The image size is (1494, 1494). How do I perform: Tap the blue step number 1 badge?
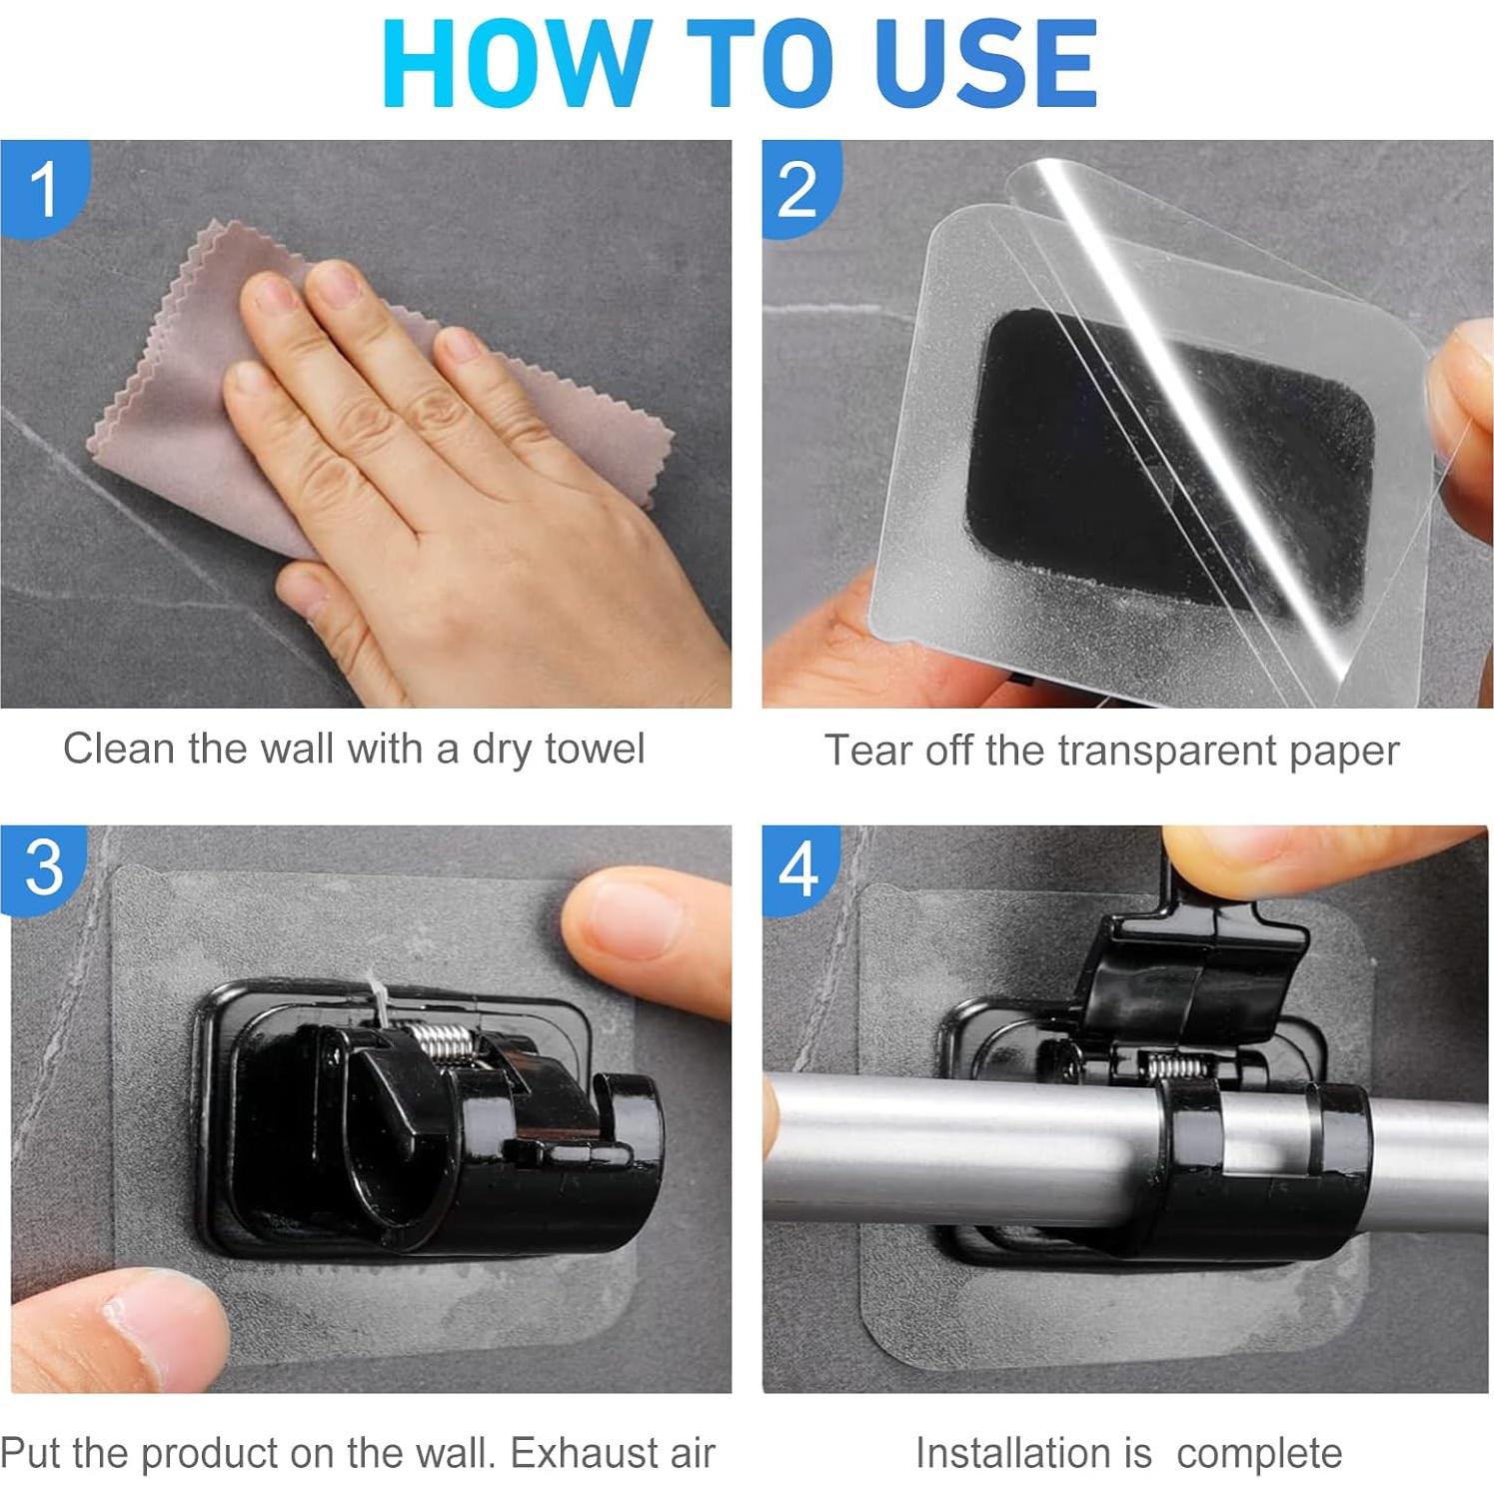point(45,187)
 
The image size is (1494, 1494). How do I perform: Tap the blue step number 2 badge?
point(799,188)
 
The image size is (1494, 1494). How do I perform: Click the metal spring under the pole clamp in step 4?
point(1180,1065)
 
